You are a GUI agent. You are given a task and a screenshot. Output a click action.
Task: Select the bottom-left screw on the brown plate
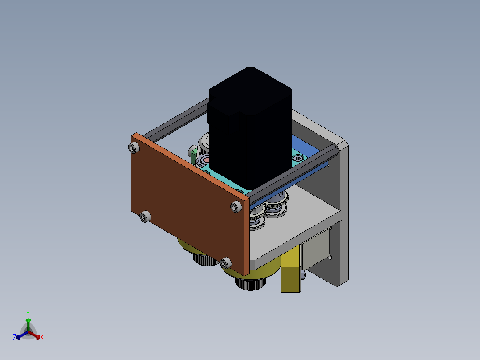coord(145,217)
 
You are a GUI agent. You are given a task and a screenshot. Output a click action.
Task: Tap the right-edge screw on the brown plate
coord(236,207)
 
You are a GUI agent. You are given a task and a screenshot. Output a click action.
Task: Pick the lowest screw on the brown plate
coord(226,263)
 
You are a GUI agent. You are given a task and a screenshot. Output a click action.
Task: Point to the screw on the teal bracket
coord(298,158)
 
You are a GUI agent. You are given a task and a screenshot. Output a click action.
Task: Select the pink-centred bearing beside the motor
coord(203,160)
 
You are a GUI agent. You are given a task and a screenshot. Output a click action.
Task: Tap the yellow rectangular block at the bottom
coord(290,270)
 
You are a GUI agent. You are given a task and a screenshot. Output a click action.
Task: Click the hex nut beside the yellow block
coord(303,274)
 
